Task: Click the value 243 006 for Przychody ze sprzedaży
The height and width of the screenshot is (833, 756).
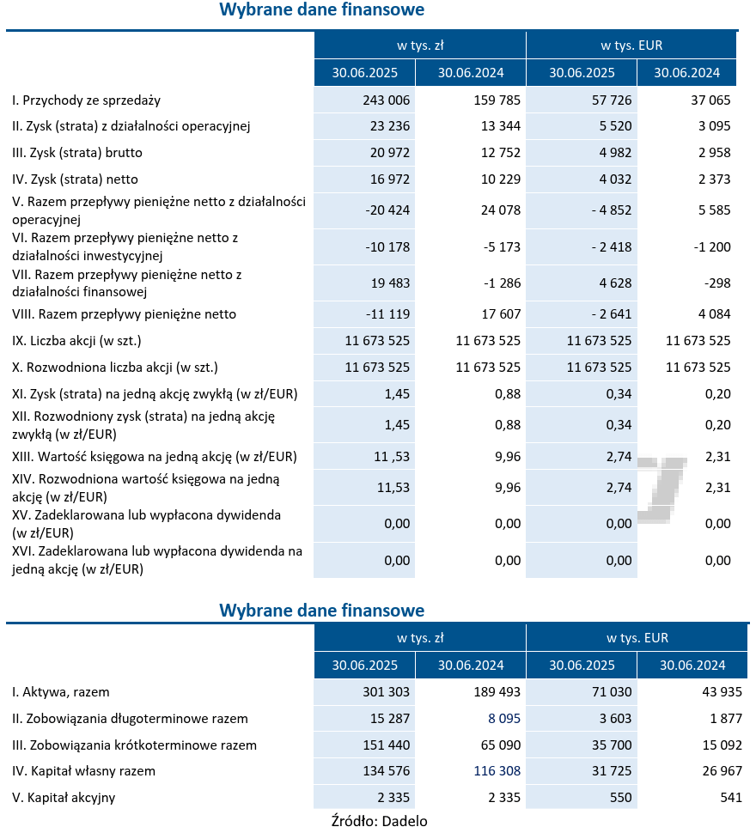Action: (387, 100)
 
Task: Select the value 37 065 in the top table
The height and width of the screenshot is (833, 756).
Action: (710, 100)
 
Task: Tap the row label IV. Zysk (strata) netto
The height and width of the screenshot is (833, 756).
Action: (76, 179)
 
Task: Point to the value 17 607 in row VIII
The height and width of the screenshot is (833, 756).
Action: (497, 314)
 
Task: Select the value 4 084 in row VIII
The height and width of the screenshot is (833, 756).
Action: (710, 314)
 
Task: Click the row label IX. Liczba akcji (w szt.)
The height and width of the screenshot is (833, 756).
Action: (76, 341)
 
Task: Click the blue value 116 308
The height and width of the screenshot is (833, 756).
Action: (497, 771)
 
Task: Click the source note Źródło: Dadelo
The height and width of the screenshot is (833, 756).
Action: (379, 820)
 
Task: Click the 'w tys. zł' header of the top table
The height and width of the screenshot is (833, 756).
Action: (419, 45)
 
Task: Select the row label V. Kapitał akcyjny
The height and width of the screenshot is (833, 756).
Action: (64, 798)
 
